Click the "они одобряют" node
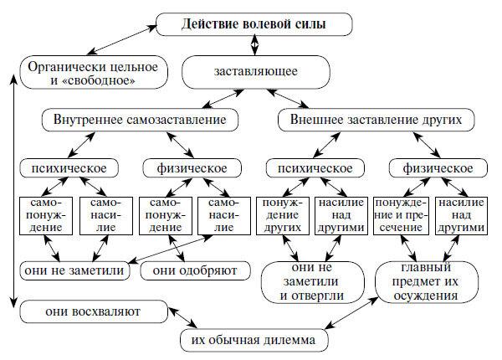tap(190, 270)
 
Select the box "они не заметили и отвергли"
tap(310, 281)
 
